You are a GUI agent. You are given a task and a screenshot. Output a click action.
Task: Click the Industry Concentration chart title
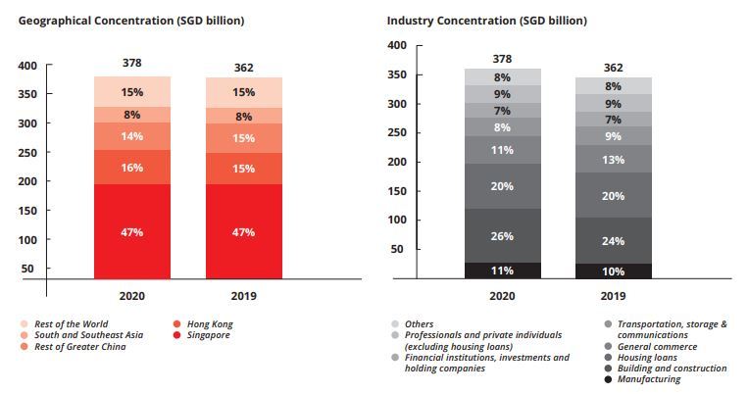(486, 20)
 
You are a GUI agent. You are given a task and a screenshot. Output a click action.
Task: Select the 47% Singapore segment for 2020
(132, 232)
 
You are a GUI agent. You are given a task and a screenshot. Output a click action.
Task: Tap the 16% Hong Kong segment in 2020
(132, 168)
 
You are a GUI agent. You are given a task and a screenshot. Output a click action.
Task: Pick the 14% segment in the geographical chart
(132, 137)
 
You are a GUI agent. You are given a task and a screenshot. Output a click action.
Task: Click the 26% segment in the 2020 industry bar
(502, 236)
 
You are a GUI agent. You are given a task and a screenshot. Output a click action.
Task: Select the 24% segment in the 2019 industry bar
(615, 241)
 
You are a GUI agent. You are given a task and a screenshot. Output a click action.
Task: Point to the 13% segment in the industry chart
(615, 160)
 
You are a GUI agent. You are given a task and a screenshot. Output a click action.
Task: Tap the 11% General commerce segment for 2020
(502, 150)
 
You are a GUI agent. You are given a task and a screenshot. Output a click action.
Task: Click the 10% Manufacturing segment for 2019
(615, 271)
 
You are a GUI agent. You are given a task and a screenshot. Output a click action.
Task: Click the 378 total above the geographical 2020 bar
(132, 64)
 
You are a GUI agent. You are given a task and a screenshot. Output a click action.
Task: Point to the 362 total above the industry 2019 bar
(615, 68)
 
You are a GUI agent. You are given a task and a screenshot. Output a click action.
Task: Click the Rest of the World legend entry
(70, 323)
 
